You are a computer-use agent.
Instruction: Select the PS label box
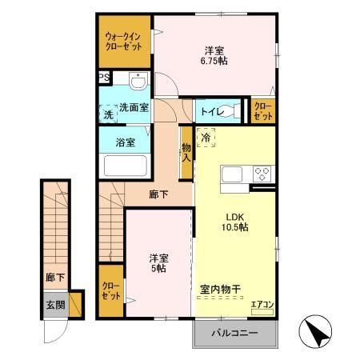pos(104,78)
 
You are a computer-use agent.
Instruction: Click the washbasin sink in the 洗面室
pos(138,81)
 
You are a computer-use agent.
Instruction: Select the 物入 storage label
pos(186,151)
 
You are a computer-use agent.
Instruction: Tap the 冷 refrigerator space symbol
pos(205,138)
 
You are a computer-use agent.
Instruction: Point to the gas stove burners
pos(262,173)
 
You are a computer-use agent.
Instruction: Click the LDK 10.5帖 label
pos(235,221)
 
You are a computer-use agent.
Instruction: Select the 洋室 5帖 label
pos(158,263)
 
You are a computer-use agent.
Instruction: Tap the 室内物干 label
pos(226,290)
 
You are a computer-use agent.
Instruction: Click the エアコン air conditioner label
pos(262,304)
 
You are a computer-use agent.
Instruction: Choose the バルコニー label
pos(234,333)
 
